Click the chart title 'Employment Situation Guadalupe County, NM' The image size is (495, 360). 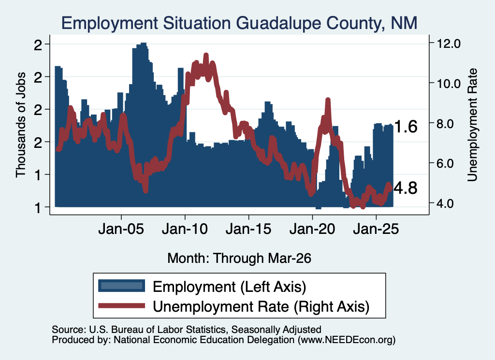click(239, 23)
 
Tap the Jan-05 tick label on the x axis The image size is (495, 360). click(121, 229)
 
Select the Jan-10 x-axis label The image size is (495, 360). click(185, 229)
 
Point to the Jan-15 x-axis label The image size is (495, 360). click(248, 229)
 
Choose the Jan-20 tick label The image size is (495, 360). click(312, 229)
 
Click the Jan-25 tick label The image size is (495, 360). click(376, 229)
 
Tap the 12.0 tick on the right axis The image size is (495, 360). click(448, 43)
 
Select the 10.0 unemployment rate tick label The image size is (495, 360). click(448, 84)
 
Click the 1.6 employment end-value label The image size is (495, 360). click(406, 127)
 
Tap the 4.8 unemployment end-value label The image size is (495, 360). click(406, 188)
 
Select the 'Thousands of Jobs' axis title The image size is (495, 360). click(21, 125)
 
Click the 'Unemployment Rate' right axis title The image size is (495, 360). click(472, 125)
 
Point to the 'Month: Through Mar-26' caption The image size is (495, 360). click(239, 258)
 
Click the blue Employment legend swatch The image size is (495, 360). click(121, 286)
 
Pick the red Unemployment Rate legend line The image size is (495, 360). click(121, 306)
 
